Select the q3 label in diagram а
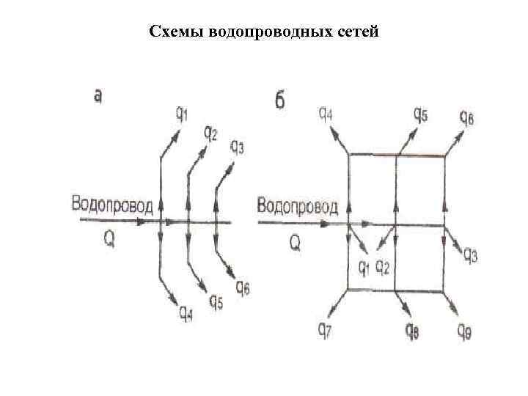coord(238,147)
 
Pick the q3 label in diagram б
coord(469,255)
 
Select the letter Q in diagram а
coord(109,239)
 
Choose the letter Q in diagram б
coord(295,242)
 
